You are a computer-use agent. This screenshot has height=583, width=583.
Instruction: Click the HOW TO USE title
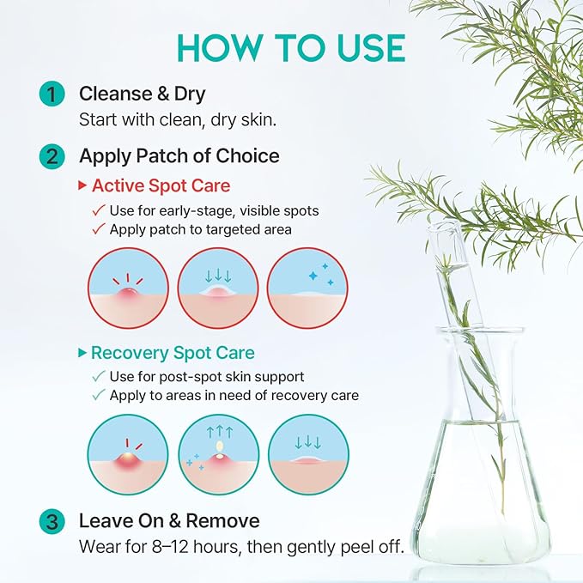[x=291, y=48]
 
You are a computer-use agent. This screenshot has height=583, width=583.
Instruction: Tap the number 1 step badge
[x=52, y=94]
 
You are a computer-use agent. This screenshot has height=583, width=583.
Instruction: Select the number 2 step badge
[x=52, y=156]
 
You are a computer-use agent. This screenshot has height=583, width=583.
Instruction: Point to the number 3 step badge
[x=52, y=521]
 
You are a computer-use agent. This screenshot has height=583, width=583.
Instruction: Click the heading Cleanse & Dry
[x=142, y=94]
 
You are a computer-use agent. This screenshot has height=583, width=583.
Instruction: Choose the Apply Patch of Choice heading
[x=179, y=155]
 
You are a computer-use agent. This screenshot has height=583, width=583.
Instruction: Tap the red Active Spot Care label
[x=161, y=185]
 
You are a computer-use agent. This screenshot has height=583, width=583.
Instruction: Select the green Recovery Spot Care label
[x=173, y=353]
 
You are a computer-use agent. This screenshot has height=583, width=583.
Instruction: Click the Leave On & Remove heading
[x=169, y=520]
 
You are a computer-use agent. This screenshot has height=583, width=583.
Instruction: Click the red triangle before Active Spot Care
[x=82, y=185]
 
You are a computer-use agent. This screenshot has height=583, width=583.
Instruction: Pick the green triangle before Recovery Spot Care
[x=82, y=353]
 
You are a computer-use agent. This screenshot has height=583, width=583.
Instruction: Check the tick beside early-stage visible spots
[x=99, y=210]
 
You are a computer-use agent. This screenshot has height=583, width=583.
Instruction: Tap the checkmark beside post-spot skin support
[x=99, y=376]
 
